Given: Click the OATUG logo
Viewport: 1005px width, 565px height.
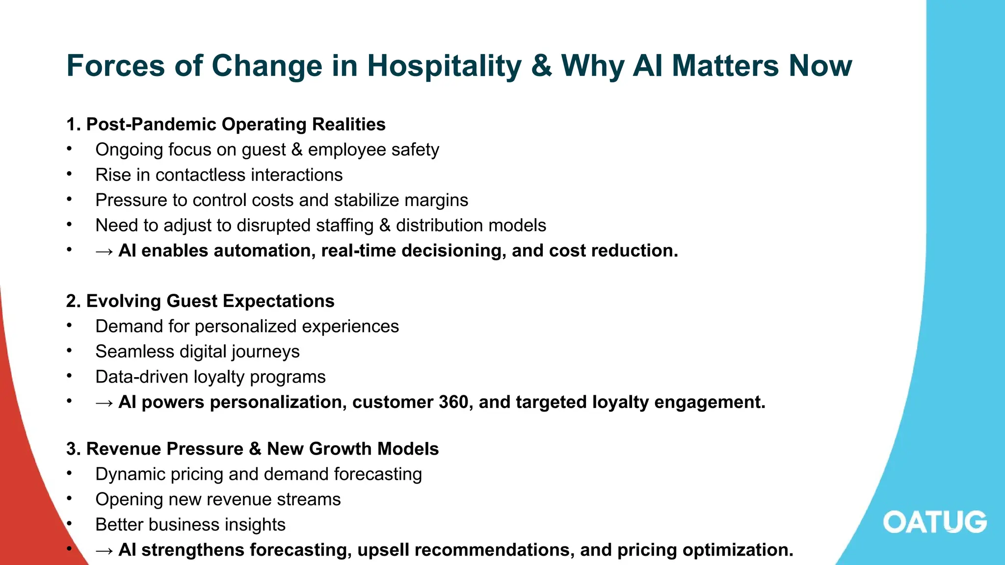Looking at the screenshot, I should click(935, 522).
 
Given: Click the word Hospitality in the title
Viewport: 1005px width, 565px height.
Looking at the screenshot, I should click(444, 66).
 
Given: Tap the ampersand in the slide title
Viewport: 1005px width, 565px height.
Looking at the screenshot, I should click(541, 66).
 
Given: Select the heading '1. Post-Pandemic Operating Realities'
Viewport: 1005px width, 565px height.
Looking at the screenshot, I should click(226, 125).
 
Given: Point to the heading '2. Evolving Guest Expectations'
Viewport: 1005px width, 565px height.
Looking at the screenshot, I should click(200, 301).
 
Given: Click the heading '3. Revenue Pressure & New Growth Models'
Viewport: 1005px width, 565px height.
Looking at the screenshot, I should click(252, 449).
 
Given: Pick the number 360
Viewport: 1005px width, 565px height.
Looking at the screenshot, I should click(455, 402).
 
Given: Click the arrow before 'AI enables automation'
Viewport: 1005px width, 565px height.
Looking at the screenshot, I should click(104, 252).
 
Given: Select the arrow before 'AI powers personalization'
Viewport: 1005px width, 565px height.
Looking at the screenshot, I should click(104, 403).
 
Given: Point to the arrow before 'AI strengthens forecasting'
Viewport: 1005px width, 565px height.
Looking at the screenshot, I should click(104, 551).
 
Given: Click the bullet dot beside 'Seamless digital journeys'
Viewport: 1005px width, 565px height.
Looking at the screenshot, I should click(70, 351).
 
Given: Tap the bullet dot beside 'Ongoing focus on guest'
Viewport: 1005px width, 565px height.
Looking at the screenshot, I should click(70, 149).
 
